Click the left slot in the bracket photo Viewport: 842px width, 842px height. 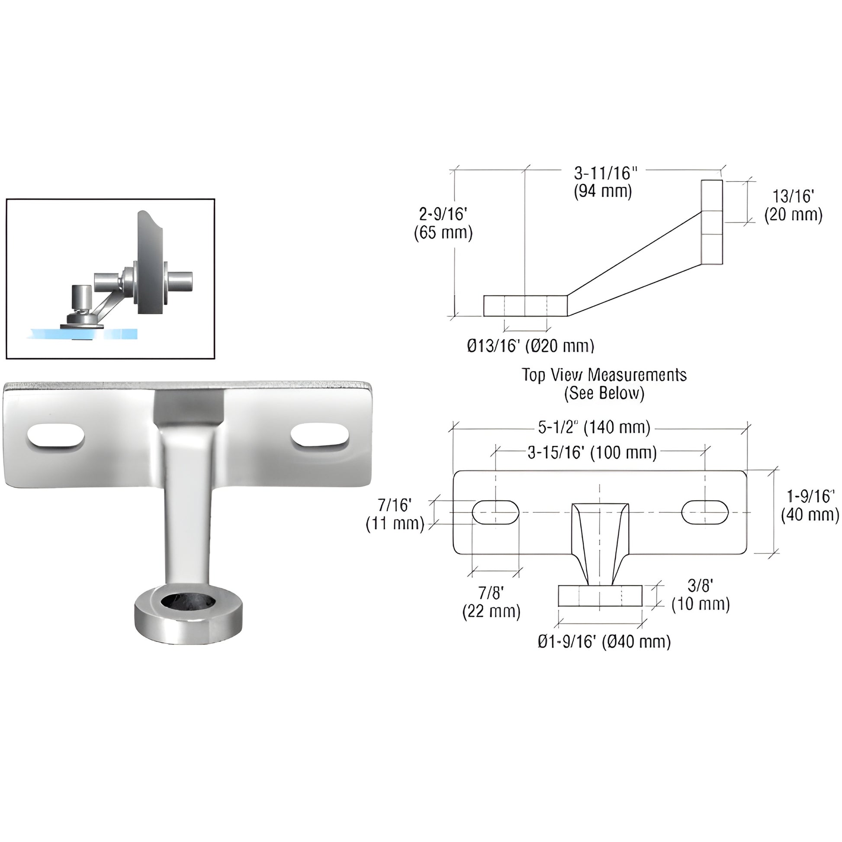coord(56,435)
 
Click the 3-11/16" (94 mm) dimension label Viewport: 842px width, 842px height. coord(603,182)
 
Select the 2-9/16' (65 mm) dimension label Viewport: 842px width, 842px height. coord(443,224)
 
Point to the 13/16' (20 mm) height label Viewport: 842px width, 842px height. coord(793,206)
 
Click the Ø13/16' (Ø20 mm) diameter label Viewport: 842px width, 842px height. coord(530,346)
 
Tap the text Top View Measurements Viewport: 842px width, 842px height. coord(604,375)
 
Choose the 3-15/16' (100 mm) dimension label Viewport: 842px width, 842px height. coord(592,453)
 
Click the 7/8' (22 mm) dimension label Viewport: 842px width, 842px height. coord(491,602)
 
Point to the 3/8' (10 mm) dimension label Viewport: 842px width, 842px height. coord(701,595)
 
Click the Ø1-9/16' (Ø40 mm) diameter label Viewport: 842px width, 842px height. coord(604,642)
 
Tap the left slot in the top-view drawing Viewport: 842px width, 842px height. coord(495,512)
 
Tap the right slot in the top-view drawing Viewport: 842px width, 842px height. coord(705,512)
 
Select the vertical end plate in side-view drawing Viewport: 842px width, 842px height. coord(712,222)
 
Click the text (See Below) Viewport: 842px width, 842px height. coord(604,394)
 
